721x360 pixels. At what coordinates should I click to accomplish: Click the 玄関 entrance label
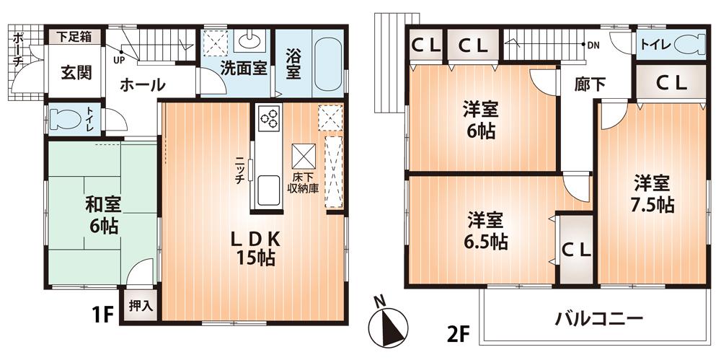coord(76,73)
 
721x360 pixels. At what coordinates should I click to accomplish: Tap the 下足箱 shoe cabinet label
coord(74,35)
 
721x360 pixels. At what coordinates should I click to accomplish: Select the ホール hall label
coord(142,84)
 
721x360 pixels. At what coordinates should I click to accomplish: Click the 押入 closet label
coord(141,305)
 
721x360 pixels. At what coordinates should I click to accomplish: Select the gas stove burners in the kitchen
coord(269,116)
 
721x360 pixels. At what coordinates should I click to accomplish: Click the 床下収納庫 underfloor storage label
coord(304,183)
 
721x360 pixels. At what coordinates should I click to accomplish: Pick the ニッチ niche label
coord(238,171)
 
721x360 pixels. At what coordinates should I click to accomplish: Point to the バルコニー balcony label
coord(598,318)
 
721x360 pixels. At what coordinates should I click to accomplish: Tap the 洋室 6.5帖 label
coord(485,230)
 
